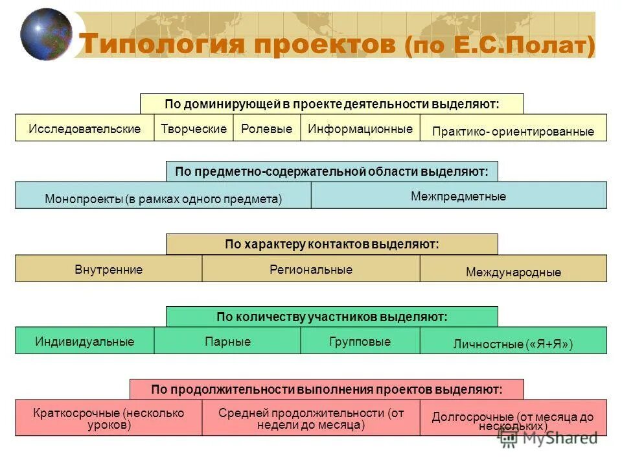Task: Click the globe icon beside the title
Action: coord(46,34)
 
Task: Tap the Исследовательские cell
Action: coord(85,128)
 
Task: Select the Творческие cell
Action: coord(194,128)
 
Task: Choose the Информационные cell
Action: coord(360,128)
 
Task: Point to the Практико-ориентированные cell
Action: coord(513,130)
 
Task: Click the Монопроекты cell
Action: coord(163,196)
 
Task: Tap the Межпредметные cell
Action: coord(459,195)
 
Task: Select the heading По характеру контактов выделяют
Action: coord(332,245)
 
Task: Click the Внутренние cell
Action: coord(109,269)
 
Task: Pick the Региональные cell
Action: coord(311,269)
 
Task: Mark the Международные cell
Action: coord(513,270)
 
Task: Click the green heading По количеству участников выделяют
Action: coord(332,317)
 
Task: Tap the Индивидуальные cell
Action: coord(85,341)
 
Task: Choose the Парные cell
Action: coord(227,341)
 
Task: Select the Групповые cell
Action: coord(360,341)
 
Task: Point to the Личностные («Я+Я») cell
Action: coord(513,342)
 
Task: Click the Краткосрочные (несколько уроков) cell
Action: coord(109,418)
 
